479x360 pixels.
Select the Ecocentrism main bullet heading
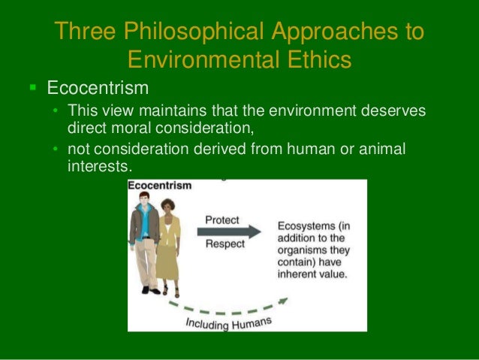(x=98, y=88)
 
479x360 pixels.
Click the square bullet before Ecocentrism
(x=32, y=88)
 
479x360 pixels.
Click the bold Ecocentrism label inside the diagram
(x=160, y=185)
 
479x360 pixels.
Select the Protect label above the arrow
(x=222, y=219)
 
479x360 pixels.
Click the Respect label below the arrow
(x=224, y=244)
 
